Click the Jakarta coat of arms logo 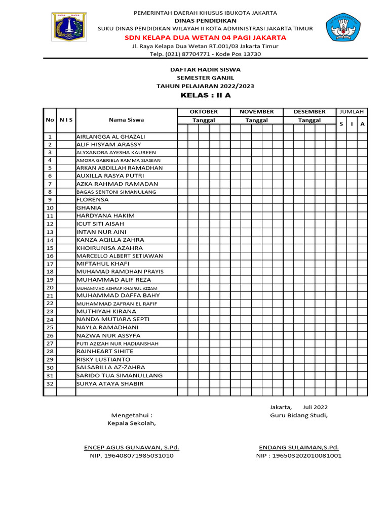(x=69, y=27)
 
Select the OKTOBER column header (x=204, y=111)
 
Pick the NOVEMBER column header (x=256, y=111)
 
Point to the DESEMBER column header (x=309, y=111)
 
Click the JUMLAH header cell (x=352, y=111)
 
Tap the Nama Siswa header (x=126, y=120)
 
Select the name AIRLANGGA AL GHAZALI (x=110, y=137)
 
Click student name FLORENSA (x=92, y=200)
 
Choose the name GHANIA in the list (x=89, y=207)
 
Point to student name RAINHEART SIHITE (x=105, y=351)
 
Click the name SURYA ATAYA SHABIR (x=110, y=383)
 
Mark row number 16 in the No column (x=50, y=256)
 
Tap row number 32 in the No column (x=50, y=383)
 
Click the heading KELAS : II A (x=205, y=95)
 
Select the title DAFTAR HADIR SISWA (x=205, y=69)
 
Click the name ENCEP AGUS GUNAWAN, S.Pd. (x=131, y=448)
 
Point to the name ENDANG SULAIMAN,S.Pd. (x=299, y=448)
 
